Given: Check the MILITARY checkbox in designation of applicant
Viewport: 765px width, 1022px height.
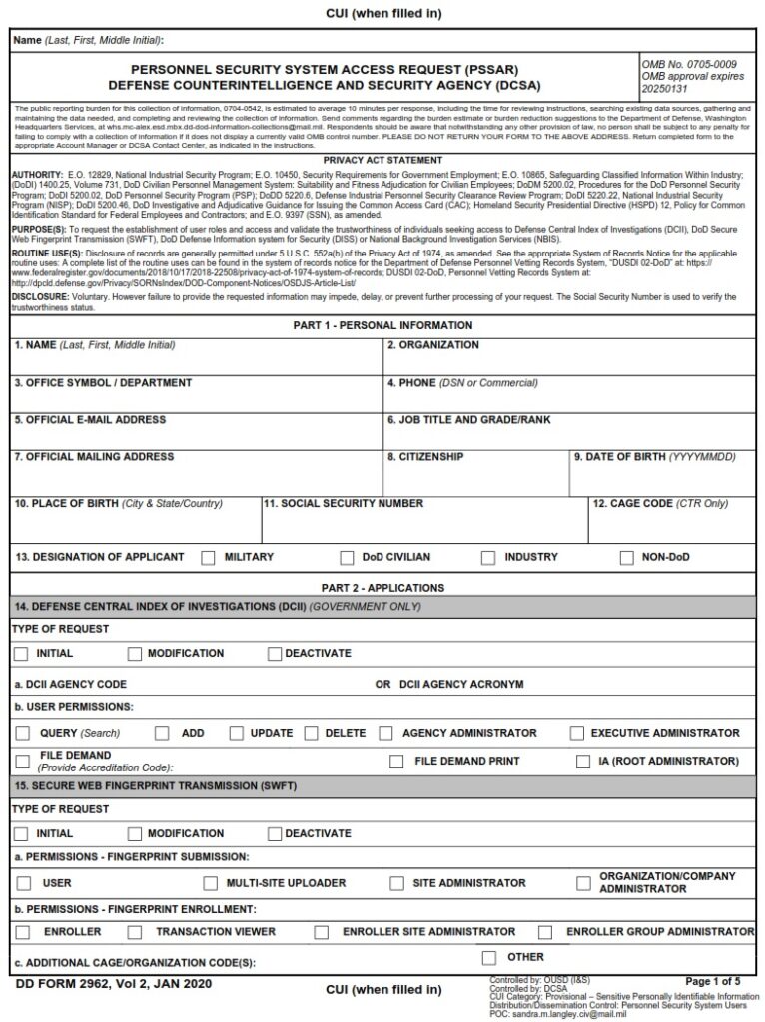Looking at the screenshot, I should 208,558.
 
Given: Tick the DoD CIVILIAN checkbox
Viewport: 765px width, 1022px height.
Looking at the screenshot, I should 347,558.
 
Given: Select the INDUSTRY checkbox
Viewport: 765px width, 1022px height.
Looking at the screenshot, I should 488,558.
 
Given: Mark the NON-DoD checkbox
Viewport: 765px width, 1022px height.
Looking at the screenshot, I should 626,558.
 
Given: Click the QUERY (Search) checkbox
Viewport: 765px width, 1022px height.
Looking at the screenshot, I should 23,734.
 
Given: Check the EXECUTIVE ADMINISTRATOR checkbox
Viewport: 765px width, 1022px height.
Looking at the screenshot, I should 577,734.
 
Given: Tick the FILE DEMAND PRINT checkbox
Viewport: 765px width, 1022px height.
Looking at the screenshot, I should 396,762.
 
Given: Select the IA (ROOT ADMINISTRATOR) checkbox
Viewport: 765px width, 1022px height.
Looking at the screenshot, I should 583,762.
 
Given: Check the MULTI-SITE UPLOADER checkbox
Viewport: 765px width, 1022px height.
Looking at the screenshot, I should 210,884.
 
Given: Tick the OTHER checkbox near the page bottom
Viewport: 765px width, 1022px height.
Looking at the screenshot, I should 489,958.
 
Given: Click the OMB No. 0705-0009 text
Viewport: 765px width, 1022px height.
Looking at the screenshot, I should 689,64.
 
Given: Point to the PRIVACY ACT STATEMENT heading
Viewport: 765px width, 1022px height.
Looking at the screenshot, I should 382,161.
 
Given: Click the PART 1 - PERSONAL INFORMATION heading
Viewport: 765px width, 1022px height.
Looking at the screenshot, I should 382,326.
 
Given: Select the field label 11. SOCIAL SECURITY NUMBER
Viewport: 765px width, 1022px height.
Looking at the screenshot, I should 344,504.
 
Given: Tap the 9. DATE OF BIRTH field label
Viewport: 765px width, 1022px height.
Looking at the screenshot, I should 654,457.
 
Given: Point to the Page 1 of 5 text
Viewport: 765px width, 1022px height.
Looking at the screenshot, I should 712,982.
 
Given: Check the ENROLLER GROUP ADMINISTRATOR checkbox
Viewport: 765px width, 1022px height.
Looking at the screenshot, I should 545,933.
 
